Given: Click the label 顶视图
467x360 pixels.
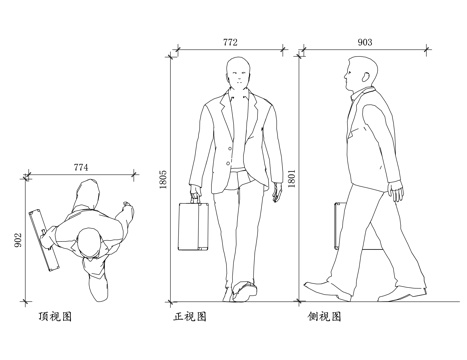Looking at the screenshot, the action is click(53, 317).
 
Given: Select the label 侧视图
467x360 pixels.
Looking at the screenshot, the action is click(325, 317).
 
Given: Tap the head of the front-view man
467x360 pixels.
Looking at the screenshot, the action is click(237, 74).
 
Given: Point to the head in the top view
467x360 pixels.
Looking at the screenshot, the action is click(91, 243).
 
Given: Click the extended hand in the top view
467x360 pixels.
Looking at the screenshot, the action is click(127, 209).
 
